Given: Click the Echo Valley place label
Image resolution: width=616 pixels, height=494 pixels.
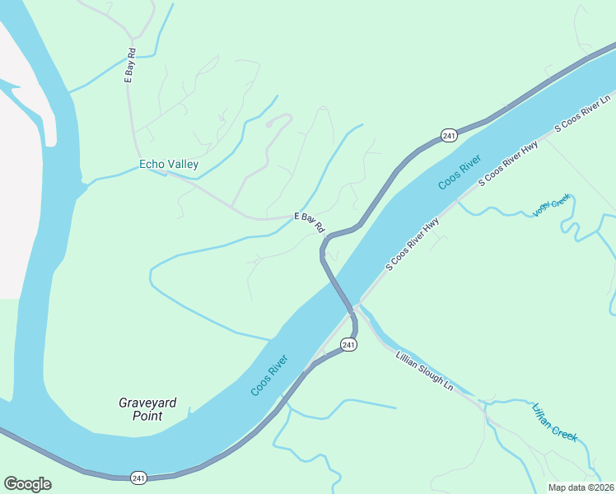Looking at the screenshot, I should [x=169, y=165].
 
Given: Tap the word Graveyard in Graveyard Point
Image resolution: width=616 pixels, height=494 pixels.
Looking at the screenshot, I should [x=147, y=403].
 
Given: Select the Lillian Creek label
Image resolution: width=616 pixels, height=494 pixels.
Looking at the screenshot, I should [x=554, y=422].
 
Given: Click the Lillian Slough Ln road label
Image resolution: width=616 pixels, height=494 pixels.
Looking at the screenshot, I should [x=424, y=371].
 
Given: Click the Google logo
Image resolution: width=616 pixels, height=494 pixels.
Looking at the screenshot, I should [x=27, y=484].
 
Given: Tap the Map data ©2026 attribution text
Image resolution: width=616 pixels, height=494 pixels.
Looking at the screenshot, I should [x=581, y=487].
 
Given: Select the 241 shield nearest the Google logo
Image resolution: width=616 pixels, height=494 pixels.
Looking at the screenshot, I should [x=139, y=478].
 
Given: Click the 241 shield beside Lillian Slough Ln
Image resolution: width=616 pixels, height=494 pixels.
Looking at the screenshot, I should [x=348, y=345].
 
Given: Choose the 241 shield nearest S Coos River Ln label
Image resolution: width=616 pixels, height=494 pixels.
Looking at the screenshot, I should [x=448, y=135].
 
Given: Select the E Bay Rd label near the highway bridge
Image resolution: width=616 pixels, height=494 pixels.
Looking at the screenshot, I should [x=310, y=222].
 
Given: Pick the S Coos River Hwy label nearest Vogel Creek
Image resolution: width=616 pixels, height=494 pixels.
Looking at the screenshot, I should [x=509, y=168].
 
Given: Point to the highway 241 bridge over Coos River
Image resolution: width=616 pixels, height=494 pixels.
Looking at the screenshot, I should [x=339, y=288].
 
